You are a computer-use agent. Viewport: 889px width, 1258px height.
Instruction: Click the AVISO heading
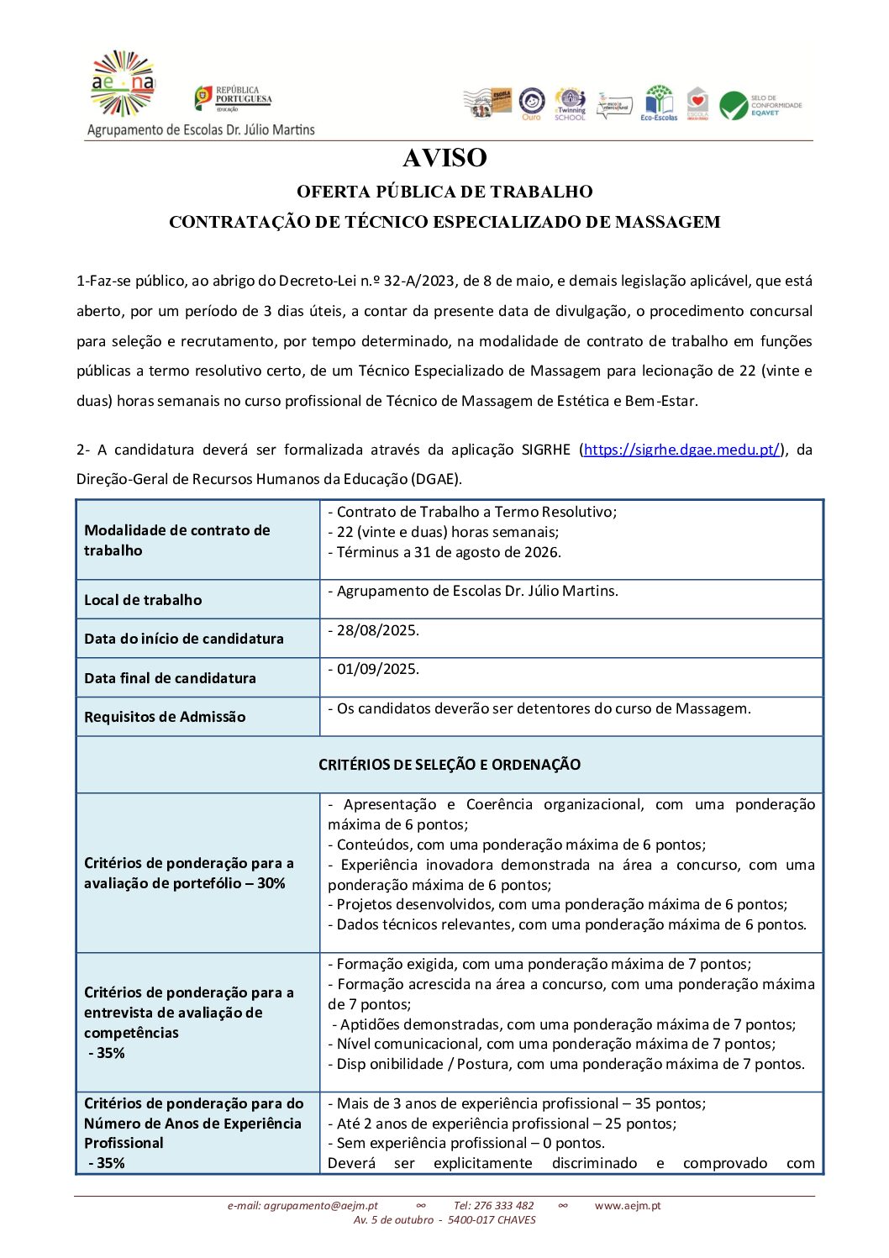click(x=444, y=158)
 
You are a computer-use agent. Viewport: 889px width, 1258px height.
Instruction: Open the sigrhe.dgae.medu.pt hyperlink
click(x=681, y=450)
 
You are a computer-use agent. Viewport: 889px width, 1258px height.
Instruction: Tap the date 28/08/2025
click(x=377, y=630)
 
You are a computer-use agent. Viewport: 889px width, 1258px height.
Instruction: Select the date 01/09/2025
click(x=377, y=669)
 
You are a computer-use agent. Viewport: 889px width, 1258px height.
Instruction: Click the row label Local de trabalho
click(x=143, y=600)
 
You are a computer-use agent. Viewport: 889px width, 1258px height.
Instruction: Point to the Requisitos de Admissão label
click(x=165, y=717)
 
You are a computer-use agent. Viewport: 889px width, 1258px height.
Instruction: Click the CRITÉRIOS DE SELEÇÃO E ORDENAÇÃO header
click(x=450, y=765)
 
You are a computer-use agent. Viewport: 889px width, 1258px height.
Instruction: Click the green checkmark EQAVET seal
click(x=734, y=106)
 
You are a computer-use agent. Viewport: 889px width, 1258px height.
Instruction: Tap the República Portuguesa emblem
click(x=204, y=98)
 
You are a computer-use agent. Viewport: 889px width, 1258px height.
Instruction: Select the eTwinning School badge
click(x=570, y=104)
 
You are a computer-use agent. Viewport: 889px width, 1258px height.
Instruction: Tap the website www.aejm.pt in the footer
click(x=628, y=1206)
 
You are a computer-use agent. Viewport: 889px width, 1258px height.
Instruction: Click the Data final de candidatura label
click(x=170, y=678)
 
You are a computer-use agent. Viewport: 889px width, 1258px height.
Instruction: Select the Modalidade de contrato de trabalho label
click(x=176, y=540)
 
